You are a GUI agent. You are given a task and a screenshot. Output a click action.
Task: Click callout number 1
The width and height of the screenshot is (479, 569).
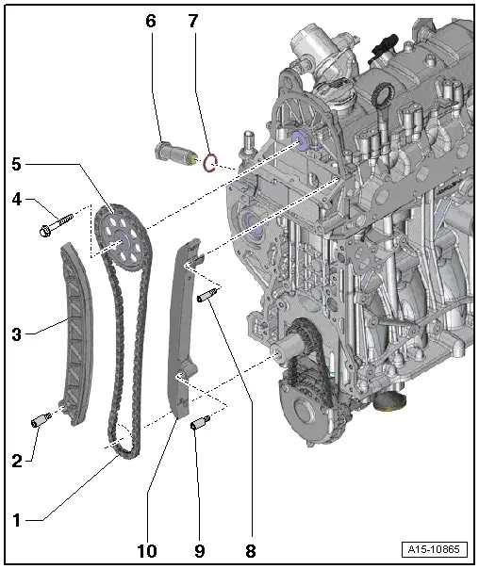pos(16,518)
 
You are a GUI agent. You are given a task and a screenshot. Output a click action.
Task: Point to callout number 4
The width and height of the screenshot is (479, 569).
pos(16,199)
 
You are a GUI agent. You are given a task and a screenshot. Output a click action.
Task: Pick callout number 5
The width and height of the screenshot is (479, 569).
pos(16,163)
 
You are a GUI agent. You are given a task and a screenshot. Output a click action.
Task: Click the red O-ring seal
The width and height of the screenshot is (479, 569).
pos(213,164)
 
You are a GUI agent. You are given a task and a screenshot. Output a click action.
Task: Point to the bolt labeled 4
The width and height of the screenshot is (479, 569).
pos(57,226)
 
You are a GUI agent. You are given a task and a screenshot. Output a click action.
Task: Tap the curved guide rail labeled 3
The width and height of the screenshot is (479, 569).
pos(74,330)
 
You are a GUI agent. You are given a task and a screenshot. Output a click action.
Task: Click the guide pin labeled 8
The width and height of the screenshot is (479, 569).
pos(207,300)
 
